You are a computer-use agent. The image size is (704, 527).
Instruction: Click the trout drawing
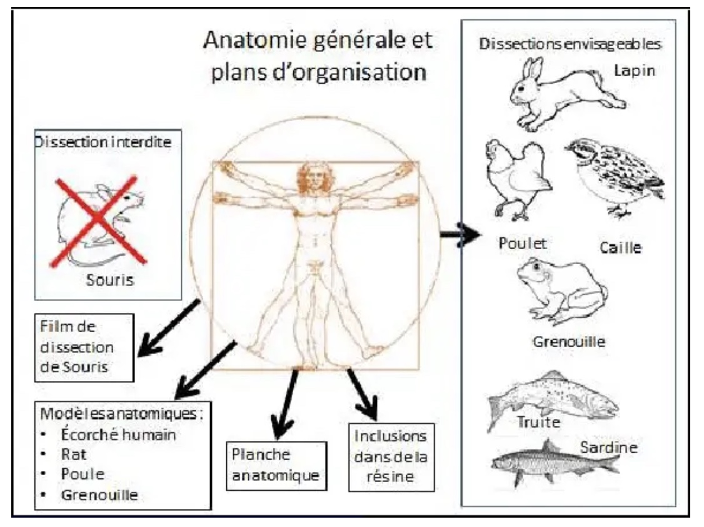(550, 399)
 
